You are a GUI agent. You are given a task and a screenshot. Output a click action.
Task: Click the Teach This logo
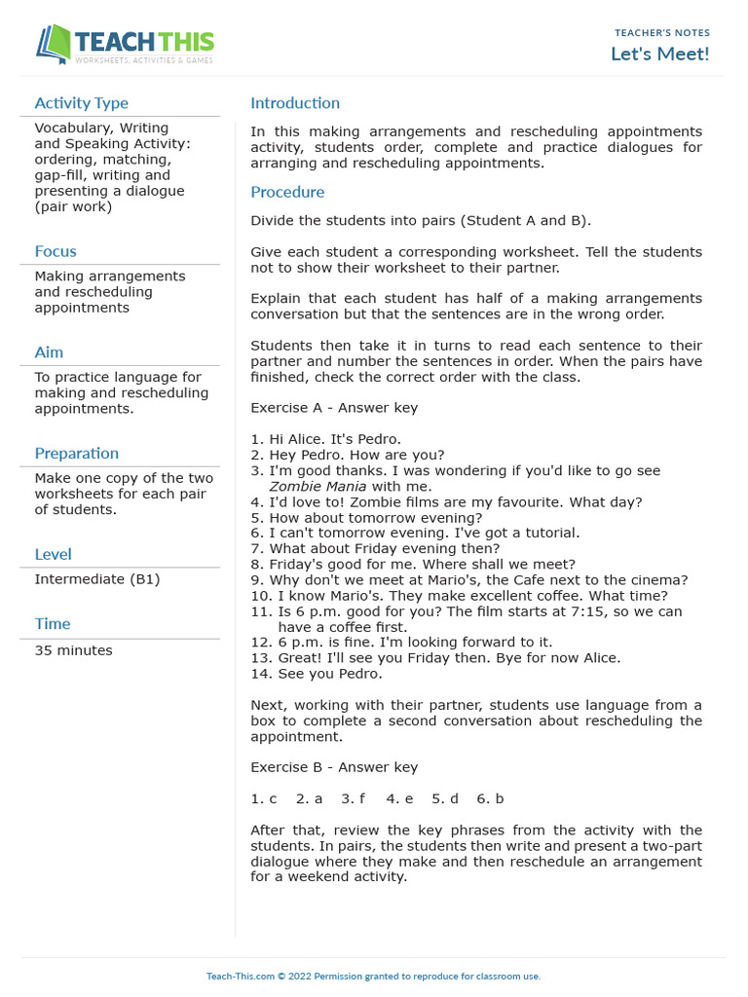tap(125, 44)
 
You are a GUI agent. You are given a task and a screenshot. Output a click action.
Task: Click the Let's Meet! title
tap(659, 54)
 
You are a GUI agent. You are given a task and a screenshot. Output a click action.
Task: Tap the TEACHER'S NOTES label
tap(661, 33)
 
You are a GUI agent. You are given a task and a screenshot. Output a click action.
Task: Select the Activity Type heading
tap(81, 103)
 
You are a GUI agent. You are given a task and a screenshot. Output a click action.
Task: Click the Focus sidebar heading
tap(56, 251)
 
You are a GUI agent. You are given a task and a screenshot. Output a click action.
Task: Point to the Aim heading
tap(49, 352)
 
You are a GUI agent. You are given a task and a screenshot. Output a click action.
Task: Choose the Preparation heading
tap(77, 454)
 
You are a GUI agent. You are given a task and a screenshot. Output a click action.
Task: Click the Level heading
tap(53, 555)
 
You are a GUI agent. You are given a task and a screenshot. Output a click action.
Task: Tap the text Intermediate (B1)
tap(97, 579)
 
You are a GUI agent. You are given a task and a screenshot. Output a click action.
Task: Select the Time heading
tap(53, 624)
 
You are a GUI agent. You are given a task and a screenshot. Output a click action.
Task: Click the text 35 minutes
tap(73, 650)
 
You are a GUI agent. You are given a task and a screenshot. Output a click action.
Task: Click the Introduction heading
tap(295, 103)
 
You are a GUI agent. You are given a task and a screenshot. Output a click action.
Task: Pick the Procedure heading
tap(287, 193)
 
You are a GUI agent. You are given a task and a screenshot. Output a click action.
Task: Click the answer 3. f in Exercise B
tap(353, 798)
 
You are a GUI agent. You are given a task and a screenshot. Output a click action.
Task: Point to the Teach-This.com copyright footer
tap(373, 976)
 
